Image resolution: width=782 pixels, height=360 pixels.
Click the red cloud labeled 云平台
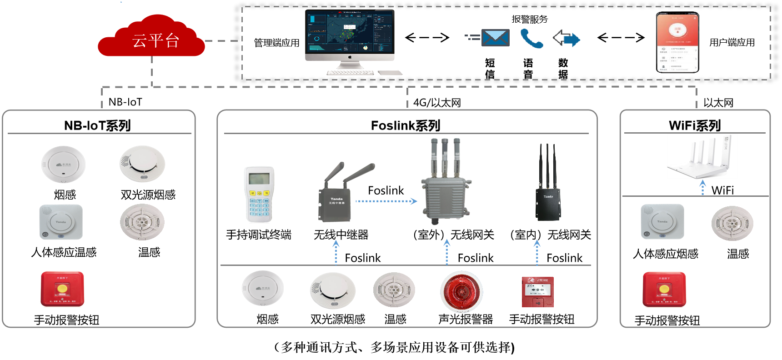[x=151, y=38]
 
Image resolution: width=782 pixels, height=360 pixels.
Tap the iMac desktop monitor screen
[x=350, y=31]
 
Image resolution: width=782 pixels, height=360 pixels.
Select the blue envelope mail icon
[x=495, y=38]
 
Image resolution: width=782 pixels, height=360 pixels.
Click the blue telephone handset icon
[x=531, y=39]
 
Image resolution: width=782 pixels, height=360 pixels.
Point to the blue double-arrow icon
[x=566, y=39]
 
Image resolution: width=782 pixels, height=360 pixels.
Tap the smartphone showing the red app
[x=677, y=42]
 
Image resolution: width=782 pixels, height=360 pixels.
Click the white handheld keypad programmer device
[x=259, y=194]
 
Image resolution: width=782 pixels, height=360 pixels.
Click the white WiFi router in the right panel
[x=702, y=156]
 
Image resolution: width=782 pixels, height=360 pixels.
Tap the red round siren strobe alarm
[x=461, y=292]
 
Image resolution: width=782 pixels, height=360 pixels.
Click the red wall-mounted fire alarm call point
[x=537, y=292]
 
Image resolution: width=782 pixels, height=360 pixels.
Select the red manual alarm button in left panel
[x=62, y=289]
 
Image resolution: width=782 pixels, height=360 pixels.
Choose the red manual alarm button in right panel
[x=664, y=289]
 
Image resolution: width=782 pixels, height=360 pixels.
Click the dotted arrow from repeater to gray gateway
[x=386, y=201]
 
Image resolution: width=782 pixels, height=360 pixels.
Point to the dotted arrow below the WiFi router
[x=702, y=187]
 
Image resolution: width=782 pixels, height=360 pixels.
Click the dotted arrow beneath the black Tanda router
[x=537, y=252]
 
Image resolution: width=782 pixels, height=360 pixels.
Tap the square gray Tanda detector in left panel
[x=61, y=222]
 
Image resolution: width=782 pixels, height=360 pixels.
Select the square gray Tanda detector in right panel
[x=662, y=221]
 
